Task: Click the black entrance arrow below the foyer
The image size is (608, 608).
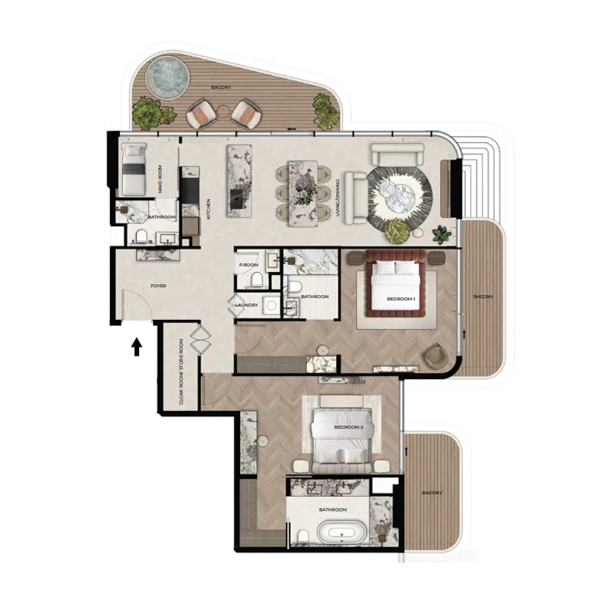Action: (x=137, y=347)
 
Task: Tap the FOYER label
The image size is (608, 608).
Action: (x=159, y=286)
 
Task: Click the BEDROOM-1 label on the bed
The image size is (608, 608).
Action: (x=400, y=299)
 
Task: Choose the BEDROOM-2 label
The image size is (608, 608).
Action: (x=348, y=427)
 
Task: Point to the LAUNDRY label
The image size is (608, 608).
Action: (x=247, y=306)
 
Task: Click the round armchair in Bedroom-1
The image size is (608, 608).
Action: (x=435, y=355)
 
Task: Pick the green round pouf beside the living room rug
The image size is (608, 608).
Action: (x=397, y=231)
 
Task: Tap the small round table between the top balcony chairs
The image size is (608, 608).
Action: (x=223, y=111)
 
